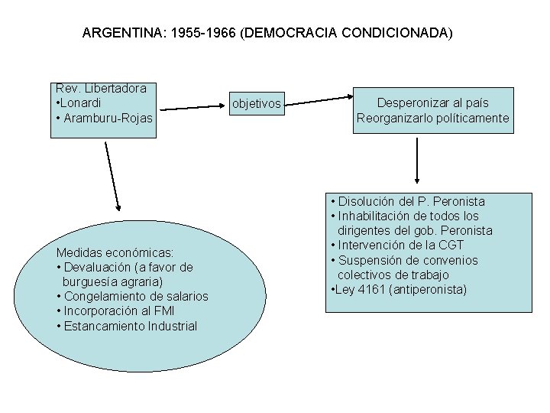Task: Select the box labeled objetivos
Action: pos(257,103)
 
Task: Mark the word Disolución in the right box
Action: pos(367,202)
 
